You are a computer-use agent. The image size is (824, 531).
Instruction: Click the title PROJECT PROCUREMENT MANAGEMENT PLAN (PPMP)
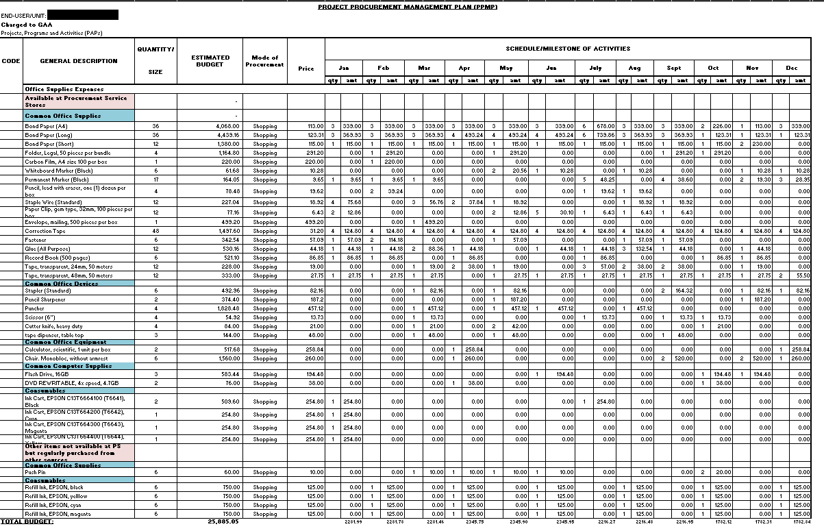click(408, 7)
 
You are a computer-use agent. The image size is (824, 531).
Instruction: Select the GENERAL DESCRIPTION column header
click(79, 61)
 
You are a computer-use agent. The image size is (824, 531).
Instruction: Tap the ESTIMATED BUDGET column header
click(210, 61)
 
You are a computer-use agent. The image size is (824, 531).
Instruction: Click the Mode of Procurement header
click(264, 61)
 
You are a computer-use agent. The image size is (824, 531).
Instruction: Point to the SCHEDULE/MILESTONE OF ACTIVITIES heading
click(568, 49)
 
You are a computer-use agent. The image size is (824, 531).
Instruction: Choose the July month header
click(595, 68)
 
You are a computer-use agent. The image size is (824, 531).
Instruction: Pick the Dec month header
click(791, 68)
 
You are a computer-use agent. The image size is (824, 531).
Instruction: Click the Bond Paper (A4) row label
click(47, 126)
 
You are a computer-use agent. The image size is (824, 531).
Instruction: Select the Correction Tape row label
click(45, 231)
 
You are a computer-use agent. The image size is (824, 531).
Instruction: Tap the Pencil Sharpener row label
click(46, 299)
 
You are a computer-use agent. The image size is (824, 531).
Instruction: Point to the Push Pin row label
click(35, 472)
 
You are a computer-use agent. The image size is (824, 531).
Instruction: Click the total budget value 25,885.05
click(223, 521)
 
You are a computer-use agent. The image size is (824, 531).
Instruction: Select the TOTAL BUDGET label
click(27, 521)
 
